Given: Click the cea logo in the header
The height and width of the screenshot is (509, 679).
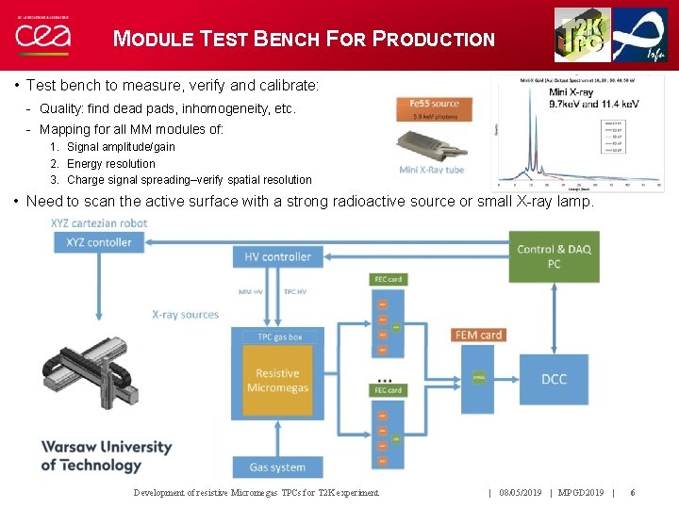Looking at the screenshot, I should pos(41,37).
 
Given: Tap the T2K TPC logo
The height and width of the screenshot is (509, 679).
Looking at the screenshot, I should pos(582,35).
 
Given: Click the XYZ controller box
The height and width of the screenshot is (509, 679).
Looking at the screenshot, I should pos(99,242).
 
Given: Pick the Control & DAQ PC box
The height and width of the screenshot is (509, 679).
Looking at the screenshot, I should pos(554,256).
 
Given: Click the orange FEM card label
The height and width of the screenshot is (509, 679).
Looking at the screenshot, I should pos(478,335).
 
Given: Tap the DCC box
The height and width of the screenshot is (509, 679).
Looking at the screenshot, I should pos(554,379).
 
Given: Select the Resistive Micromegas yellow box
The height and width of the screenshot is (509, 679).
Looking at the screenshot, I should pos(277,380).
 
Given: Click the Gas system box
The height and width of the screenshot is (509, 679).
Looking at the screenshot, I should pos(277,467).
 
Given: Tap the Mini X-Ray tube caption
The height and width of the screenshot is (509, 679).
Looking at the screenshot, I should pos(433,170).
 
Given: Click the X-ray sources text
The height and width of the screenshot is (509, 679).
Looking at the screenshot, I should pos(185,315).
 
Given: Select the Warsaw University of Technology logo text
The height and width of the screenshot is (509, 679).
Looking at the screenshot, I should pos(106,456).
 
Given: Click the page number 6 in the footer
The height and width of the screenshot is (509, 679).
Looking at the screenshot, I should pos(632,493).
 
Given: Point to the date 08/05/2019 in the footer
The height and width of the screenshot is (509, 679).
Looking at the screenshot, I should pos(520,493).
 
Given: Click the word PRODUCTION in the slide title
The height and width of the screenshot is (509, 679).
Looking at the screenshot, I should pos(434,40).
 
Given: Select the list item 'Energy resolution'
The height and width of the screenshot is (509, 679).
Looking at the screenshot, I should pos(110,163).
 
